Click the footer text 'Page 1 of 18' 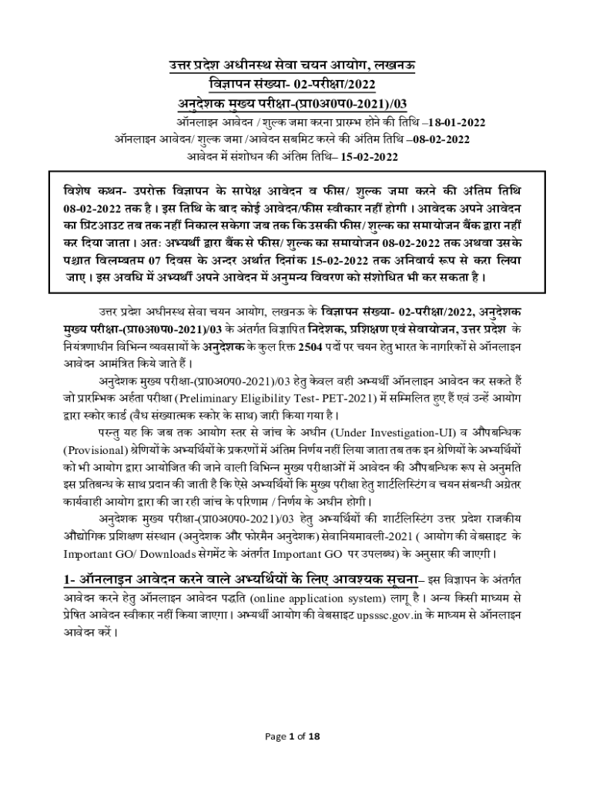[x=296, y=736]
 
